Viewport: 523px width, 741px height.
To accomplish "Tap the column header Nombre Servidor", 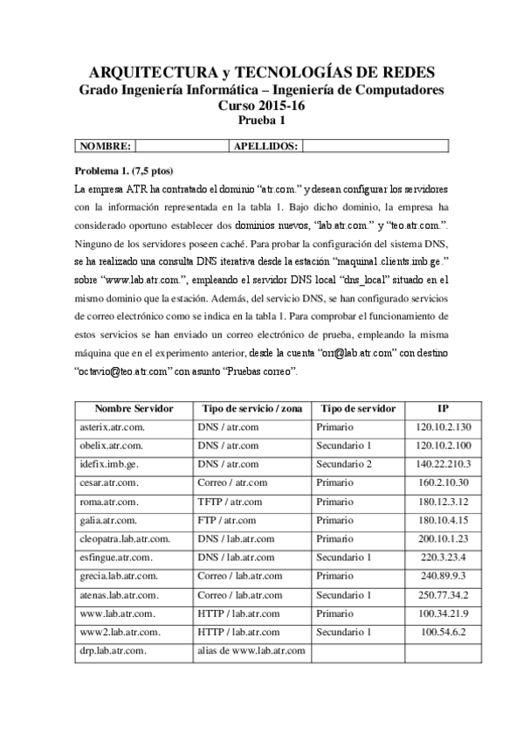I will coord(134,408).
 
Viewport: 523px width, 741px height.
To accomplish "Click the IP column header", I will coord(443,408).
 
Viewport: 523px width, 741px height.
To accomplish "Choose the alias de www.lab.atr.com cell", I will coord(251,651).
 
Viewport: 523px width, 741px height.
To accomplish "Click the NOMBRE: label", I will coord(105,146).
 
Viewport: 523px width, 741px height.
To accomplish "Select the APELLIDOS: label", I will coord(266,146).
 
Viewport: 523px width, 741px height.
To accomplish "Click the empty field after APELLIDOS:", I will coord(375,146).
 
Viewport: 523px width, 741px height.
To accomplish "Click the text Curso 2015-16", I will coord(262,105).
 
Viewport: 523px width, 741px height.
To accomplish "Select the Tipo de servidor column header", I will coord(358,408).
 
